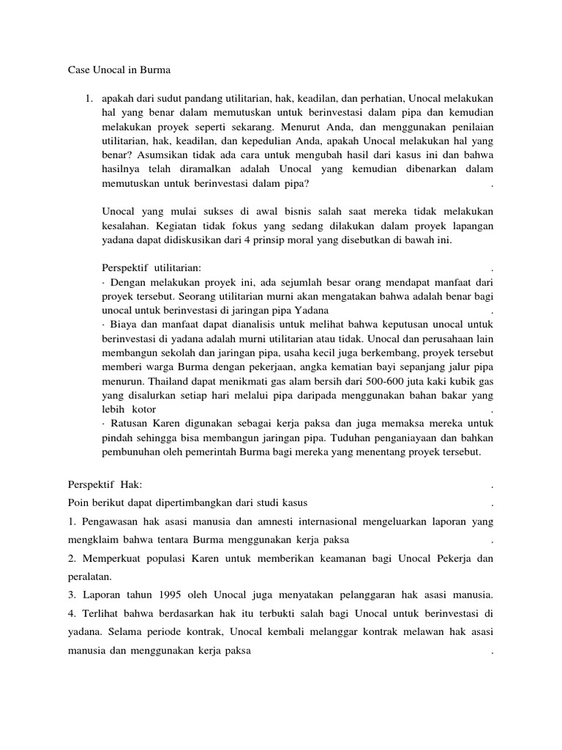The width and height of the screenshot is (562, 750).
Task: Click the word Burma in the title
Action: (154, 70)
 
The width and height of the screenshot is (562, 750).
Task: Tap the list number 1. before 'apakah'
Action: (90, 97)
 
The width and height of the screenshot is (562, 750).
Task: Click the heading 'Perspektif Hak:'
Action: (105, 485)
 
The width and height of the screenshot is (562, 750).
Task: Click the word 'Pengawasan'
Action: (110, 521)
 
